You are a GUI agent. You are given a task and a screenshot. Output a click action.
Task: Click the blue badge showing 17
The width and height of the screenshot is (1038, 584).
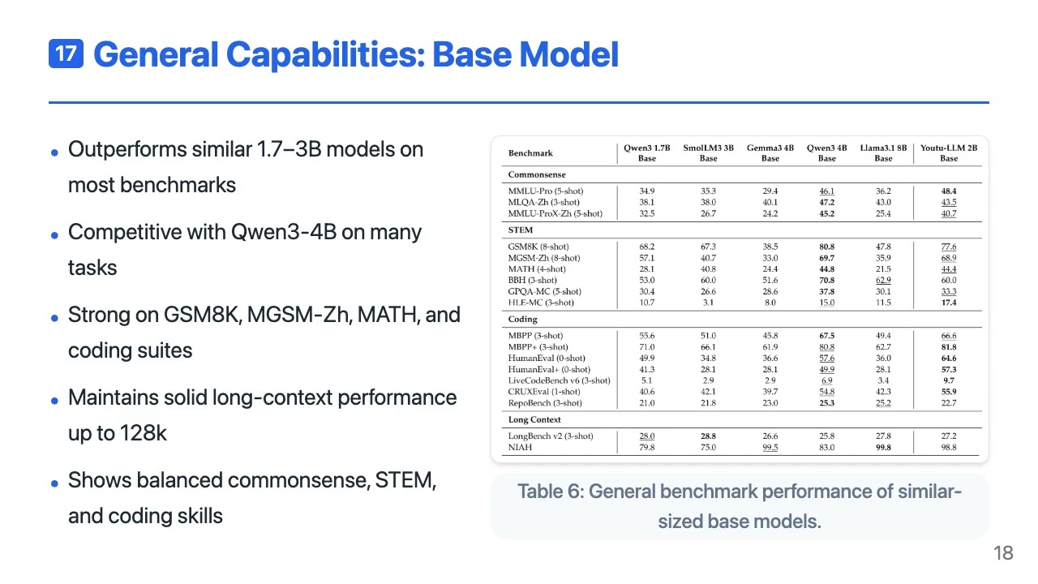tap(66, 54)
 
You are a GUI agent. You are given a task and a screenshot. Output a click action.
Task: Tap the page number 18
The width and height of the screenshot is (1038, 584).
tap(1003, 553)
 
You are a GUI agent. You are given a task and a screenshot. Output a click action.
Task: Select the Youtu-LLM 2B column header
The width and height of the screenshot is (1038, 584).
tap(949, 153)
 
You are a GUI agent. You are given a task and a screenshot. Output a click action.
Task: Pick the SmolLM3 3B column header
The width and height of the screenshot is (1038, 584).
tap(708, 153)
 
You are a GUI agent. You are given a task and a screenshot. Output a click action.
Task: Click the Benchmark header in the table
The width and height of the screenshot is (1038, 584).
tap(530, 153)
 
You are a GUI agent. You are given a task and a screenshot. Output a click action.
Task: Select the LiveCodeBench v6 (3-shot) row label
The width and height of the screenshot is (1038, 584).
tap(559, 380)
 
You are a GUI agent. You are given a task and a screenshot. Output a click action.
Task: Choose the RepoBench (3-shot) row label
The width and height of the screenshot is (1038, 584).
tap(545, 403)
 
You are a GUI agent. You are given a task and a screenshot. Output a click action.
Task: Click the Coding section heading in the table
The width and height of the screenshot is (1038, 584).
tap(523, 320)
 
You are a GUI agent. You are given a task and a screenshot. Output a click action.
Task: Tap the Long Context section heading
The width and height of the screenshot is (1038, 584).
tap(534, 420)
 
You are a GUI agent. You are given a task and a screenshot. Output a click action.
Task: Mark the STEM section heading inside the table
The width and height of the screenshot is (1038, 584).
tap(521, 230)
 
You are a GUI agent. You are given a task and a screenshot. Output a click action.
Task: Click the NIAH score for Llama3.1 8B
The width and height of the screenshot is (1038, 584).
tap(883, 448)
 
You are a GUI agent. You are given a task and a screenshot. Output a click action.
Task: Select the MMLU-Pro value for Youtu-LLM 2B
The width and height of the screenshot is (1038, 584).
tap(949, 191)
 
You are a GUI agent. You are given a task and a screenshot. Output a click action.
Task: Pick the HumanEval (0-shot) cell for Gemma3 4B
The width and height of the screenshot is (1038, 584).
tap(770, 359)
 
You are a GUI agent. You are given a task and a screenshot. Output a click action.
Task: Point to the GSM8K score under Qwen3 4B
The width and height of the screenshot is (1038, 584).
tap(826, 247)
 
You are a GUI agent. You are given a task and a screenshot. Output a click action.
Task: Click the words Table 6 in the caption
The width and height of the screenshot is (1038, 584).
tap(547, 492)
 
